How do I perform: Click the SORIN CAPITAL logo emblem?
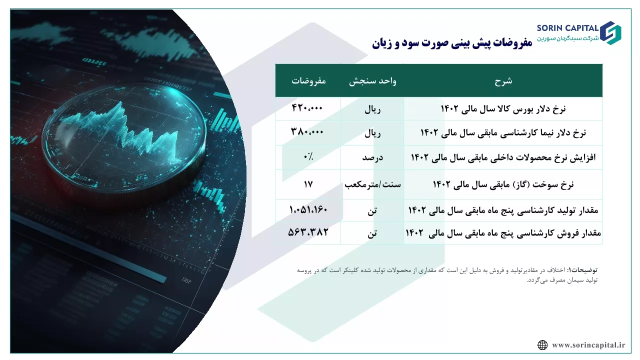(610, 33)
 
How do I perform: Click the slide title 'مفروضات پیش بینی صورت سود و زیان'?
(452, 43)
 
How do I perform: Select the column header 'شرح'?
(503, 81)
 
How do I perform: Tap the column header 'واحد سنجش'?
(372, 81)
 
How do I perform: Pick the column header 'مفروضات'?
(308, 81)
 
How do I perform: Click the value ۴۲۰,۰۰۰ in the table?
(307, 108)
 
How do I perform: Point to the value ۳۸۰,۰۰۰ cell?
(307, 131)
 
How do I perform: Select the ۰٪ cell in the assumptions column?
(308, 156)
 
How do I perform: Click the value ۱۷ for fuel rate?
(308, 184)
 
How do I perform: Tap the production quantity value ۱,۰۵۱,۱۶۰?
(308, 209)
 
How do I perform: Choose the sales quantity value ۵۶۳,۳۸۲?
(308, 232)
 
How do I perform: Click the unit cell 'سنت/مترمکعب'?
(372, 184)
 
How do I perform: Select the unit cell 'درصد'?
(372, 157)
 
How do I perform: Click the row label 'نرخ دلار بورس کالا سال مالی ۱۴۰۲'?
(503, 109)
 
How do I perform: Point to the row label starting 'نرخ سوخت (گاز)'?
(503, 184)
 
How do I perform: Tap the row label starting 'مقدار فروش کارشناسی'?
(503, 233)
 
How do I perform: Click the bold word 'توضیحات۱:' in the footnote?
(582, 269)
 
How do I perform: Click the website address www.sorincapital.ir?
(588, 345)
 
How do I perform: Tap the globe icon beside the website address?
(542, 345)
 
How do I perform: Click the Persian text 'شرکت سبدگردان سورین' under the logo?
(567, 38)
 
